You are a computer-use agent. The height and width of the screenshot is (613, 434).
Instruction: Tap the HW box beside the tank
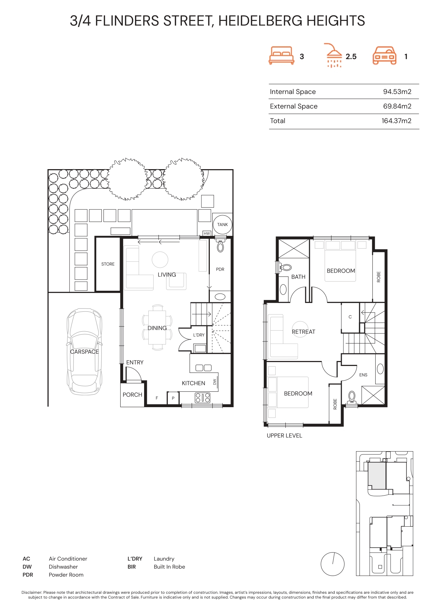207,233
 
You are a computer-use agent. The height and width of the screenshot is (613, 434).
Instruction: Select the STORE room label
108,264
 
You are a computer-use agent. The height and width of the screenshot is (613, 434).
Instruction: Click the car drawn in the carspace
84,352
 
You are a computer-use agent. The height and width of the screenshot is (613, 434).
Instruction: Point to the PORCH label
132,395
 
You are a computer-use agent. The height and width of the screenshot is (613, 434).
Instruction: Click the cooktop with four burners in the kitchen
202,398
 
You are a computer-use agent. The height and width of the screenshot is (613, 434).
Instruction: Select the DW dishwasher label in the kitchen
215,382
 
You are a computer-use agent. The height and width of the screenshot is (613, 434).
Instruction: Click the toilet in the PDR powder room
220,246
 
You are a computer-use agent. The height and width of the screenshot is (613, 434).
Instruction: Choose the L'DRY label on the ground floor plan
199,335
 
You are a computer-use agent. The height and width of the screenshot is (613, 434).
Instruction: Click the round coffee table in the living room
160,260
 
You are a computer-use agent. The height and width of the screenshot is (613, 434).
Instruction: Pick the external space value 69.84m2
397,106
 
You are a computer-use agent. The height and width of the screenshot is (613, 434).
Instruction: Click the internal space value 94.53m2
397,92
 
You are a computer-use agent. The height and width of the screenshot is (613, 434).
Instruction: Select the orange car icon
384,56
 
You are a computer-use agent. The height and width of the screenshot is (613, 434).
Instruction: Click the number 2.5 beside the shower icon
351,57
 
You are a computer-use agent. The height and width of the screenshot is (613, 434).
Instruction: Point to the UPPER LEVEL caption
284,435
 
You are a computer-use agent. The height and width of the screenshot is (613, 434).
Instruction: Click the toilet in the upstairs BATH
285,268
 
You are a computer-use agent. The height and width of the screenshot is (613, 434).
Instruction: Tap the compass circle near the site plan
333,564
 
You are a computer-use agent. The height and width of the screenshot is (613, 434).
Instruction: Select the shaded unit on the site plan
377,475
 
